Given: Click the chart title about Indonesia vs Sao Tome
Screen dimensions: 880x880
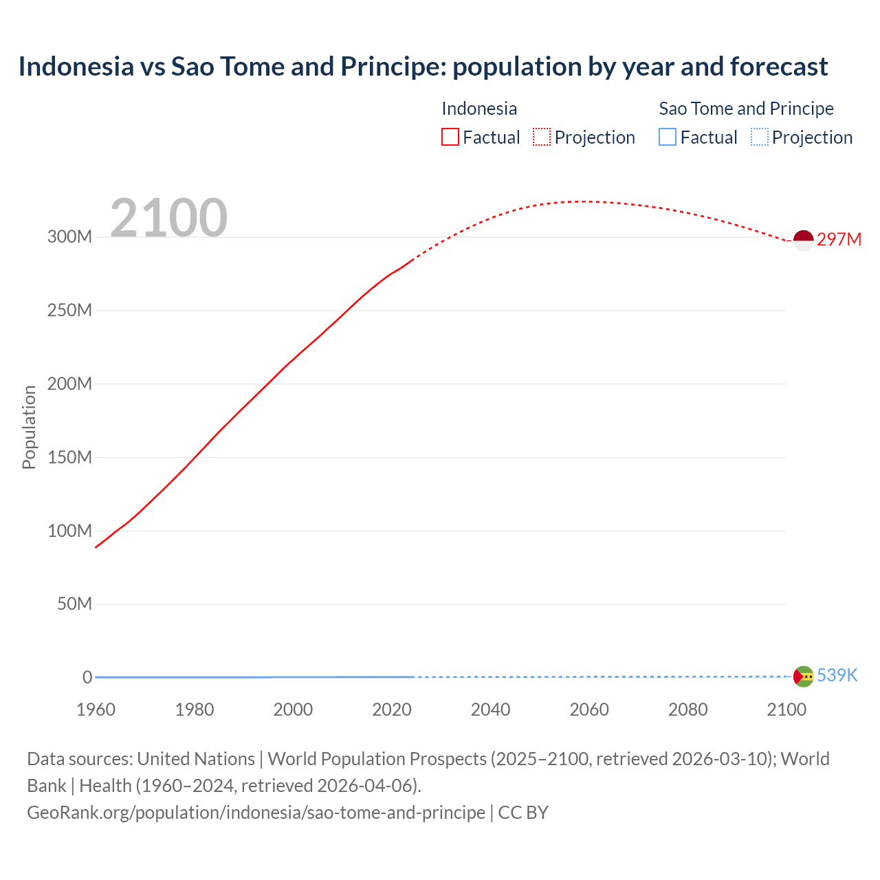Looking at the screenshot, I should coord(423,67).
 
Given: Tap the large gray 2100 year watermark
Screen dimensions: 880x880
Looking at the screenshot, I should coord(168,218).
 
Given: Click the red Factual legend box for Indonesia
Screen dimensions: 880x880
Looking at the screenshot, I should coord(450,137).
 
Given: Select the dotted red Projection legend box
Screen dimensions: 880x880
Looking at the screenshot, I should coord(542,137).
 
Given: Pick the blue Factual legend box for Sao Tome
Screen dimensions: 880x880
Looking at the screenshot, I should coord(668,137).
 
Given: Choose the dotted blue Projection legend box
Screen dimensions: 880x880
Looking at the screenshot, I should coord(760,137).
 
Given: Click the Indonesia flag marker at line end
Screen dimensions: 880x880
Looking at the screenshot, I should coord(803,241).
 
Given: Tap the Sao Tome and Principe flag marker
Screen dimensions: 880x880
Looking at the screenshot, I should coord(803,676).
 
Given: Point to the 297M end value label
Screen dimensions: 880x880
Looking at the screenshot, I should coord(839,239).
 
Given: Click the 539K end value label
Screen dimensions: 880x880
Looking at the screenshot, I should coord(837,676).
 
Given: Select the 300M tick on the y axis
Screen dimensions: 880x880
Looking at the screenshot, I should coord(69,237).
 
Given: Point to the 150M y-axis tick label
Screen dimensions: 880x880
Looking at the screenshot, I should coord(69,457).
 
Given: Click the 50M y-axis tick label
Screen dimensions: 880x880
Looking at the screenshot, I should coord(74,604).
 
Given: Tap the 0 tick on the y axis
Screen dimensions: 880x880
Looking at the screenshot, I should coord(87,678).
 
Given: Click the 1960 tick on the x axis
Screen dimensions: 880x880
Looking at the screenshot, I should coord(96,709).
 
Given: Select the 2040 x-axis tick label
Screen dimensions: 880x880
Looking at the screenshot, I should coord(490,709).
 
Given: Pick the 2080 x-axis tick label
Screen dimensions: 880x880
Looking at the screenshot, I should coord(687,709).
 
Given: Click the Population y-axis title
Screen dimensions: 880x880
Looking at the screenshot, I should coord(29,427).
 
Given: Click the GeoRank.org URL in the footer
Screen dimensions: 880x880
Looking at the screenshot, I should coord(256,813).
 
